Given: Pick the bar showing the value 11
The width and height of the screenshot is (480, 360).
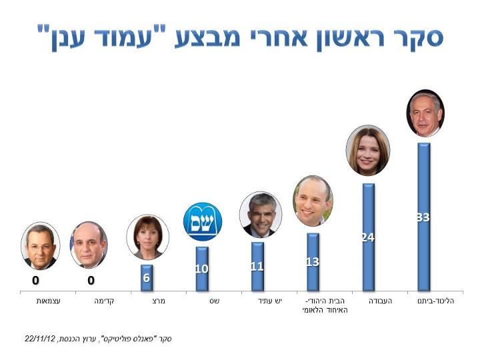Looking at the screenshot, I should pyautogui.click(x=257, y=267).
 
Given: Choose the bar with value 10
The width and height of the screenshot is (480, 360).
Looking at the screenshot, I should pyautogui.click(x=202, y=269).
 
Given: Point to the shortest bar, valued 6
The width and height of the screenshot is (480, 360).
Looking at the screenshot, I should pyautogui.click(x=147, y=278).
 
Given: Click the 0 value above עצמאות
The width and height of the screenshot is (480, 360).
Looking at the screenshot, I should pyautogui.click(x=36, y=281).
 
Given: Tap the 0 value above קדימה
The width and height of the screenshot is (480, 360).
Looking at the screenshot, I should pyautogui.click(x=91, y=281).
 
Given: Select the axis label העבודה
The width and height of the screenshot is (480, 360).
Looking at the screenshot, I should pyautogui.click(x=381, y=301).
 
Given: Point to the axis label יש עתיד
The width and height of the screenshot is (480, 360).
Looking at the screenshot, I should pyautogui.click(x=270, y=301).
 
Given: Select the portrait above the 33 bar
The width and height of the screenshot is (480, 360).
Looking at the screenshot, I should pyautogui.click(x=425, y=113).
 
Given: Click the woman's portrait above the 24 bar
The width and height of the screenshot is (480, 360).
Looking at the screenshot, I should pyautogui.click(x=368, y=151).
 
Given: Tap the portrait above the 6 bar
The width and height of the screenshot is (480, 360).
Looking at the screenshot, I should pyautogui.click(x=147, y=237).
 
